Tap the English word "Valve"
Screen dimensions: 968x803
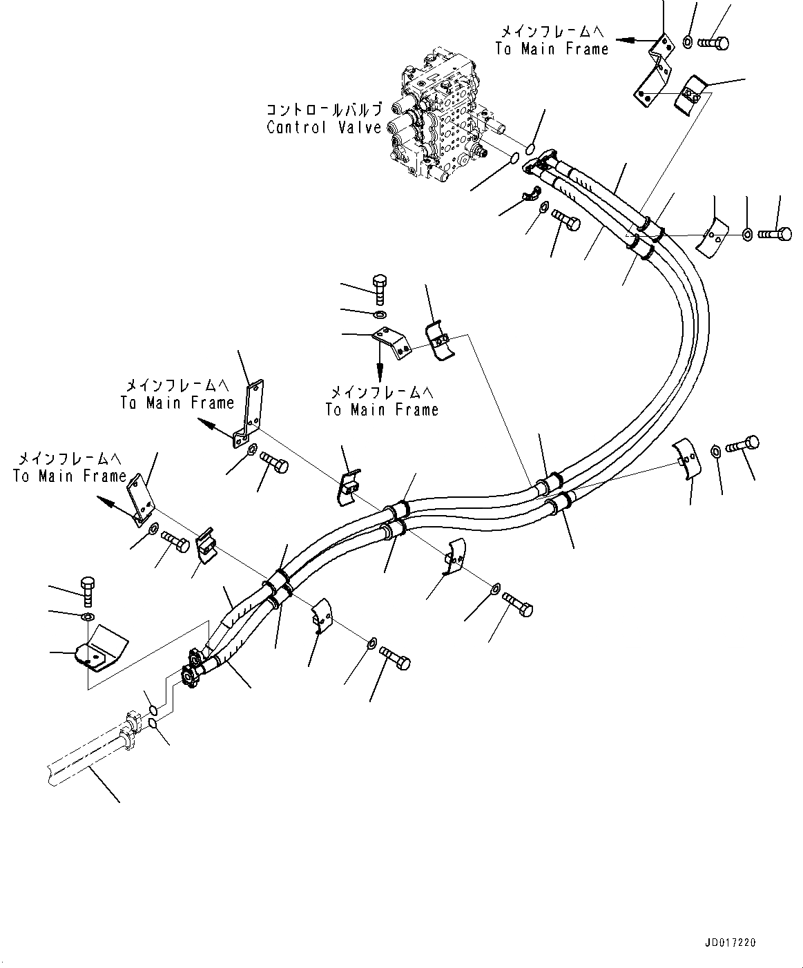pyautogui.click(x=360, y=128)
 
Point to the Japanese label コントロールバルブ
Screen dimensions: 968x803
pyautogui.click(x=324, y=110)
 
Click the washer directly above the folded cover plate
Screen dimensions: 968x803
pyautogui.click(x=88, y=615)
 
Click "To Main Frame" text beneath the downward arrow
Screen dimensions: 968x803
pyautogui.click(x=382, y=409)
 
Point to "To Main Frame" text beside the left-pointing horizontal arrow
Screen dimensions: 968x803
pyautogui.click(x=552, y=48)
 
